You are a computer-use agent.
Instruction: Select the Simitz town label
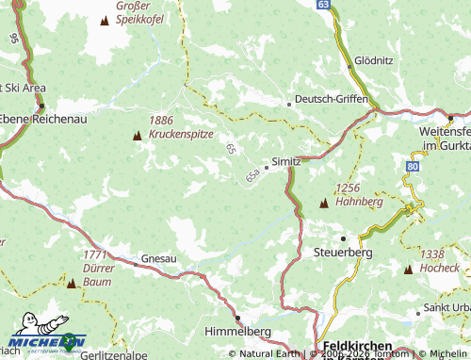click(x=285, y=161)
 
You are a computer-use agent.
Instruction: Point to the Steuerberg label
click(x=343, y=254)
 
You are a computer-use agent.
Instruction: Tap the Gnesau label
click(x=158, y=257)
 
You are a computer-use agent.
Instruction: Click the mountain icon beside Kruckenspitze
click(x=138, y=136)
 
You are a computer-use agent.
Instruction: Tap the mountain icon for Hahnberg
click(x=324, y=203)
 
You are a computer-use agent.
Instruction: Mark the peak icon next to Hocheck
click(x=408, y=270)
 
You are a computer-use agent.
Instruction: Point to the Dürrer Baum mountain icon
click(x=71, y=282)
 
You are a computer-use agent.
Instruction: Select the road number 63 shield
click(x=323, y=5)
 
